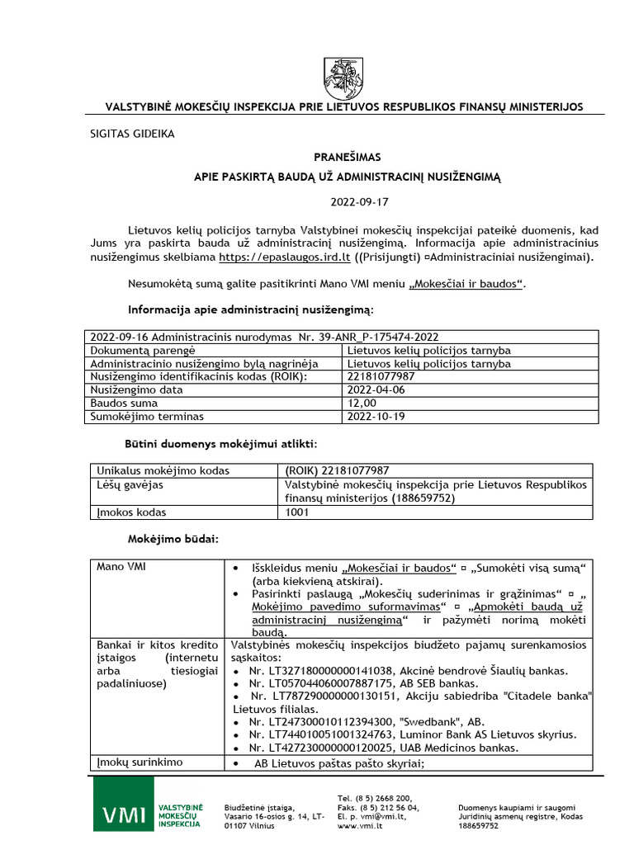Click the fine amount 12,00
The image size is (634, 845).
(364, 404)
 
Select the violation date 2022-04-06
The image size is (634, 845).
(376, 390)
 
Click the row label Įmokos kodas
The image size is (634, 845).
(132, 512)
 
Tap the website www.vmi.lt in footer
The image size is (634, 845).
(359, 825)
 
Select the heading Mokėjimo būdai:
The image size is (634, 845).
(173, 539)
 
